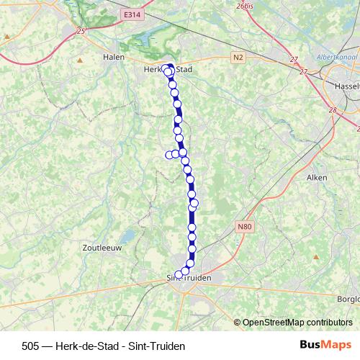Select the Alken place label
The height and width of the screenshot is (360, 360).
pos(317,177)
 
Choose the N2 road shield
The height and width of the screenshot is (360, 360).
pos(238,56)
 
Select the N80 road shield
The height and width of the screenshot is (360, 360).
pos(244,226)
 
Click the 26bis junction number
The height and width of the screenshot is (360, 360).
pos(244,6)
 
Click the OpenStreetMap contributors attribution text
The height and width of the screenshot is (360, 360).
pos(297,322)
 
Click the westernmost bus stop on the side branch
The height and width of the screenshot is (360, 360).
pos(170,155)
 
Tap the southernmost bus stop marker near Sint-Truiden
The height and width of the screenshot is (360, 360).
pos(179,274)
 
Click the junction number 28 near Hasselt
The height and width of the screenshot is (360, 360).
pos(332,110)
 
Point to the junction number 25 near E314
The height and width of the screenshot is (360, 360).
pos(81,30)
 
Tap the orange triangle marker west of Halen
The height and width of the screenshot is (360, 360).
pos(80,60)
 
